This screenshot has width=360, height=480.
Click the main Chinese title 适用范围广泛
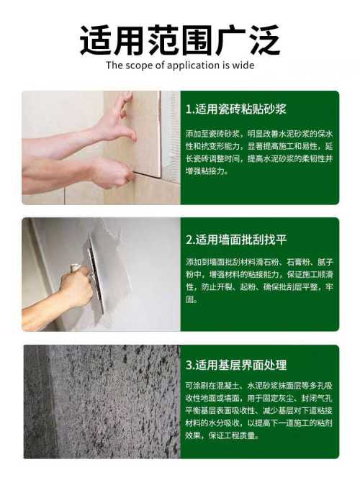[180, 40]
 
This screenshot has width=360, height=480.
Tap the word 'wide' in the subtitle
[243, 65]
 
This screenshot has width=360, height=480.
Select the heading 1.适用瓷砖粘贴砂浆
[236, 109]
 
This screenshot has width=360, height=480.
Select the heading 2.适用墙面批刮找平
[236, 239]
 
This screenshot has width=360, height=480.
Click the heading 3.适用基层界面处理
[236, 365]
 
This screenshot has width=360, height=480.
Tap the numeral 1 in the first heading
[188, 109]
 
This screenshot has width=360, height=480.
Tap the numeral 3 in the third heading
[189, 365]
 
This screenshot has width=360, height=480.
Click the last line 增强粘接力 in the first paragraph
[207, 171]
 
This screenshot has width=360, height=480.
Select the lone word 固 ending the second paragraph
[192, 299]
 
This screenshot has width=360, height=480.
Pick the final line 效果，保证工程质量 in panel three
[222, 435]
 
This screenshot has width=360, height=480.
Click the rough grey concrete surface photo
[102, 402]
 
